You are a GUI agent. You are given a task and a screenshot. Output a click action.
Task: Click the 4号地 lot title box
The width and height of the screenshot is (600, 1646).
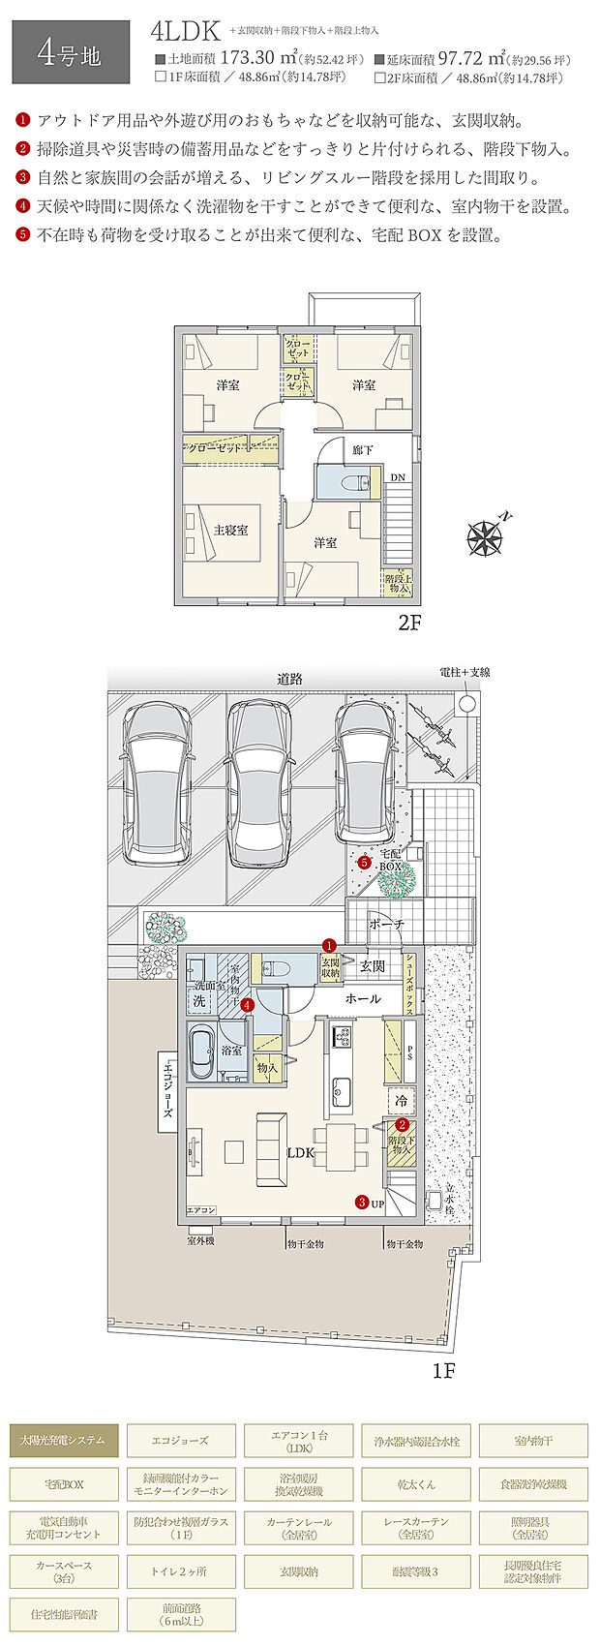(69, 53)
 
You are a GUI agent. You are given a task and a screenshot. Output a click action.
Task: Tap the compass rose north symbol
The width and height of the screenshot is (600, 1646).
(486, 537)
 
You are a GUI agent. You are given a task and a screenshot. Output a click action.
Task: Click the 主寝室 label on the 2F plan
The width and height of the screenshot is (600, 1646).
(230, 530)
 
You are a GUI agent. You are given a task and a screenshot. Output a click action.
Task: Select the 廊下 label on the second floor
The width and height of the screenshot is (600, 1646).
(363, 451)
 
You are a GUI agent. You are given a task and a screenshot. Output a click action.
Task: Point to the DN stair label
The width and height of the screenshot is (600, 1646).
(398, 477)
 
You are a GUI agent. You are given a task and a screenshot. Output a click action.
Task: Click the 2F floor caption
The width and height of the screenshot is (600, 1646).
(410, 623)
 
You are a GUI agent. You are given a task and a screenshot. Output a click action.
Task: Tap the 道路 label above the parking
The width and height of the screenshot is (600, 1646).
(289, 680)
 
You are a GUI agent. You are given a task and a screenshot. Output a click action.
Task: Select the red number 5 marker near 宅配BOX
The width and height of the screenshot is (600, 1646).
(364, 861)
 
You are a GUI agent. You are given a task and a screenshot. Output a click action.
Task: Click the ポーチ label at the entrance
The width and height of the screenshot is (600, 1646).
(386, 925)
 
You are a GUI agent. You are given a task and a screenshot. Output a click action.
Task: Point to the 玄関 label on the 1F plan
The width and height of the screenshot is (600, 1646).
(373, 965)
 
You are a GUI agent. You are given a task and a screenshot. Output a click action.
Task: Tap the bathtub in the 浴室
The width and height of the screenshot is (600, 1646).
(201, 1053)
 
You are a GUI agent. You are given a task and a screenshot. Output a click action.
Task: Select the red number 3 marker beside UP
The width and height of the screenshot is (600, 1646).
(361, 1203)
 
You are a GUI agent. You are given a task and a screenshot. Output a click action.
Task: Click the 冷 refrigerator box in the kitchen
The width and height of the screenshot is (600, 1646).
(401, 1101)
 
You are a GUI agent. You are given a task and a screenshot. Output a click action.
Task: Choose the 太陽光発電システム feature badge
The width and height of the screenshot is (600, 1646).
(64, 1441)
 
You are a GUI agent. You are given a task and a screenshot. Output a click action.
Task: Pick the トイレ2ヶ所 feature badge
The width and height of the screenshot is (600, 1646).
(181, 1570)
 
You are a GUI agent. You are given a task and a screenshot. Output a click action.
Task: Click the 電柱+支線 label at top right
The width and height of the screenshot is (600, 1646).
(465, 672)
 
